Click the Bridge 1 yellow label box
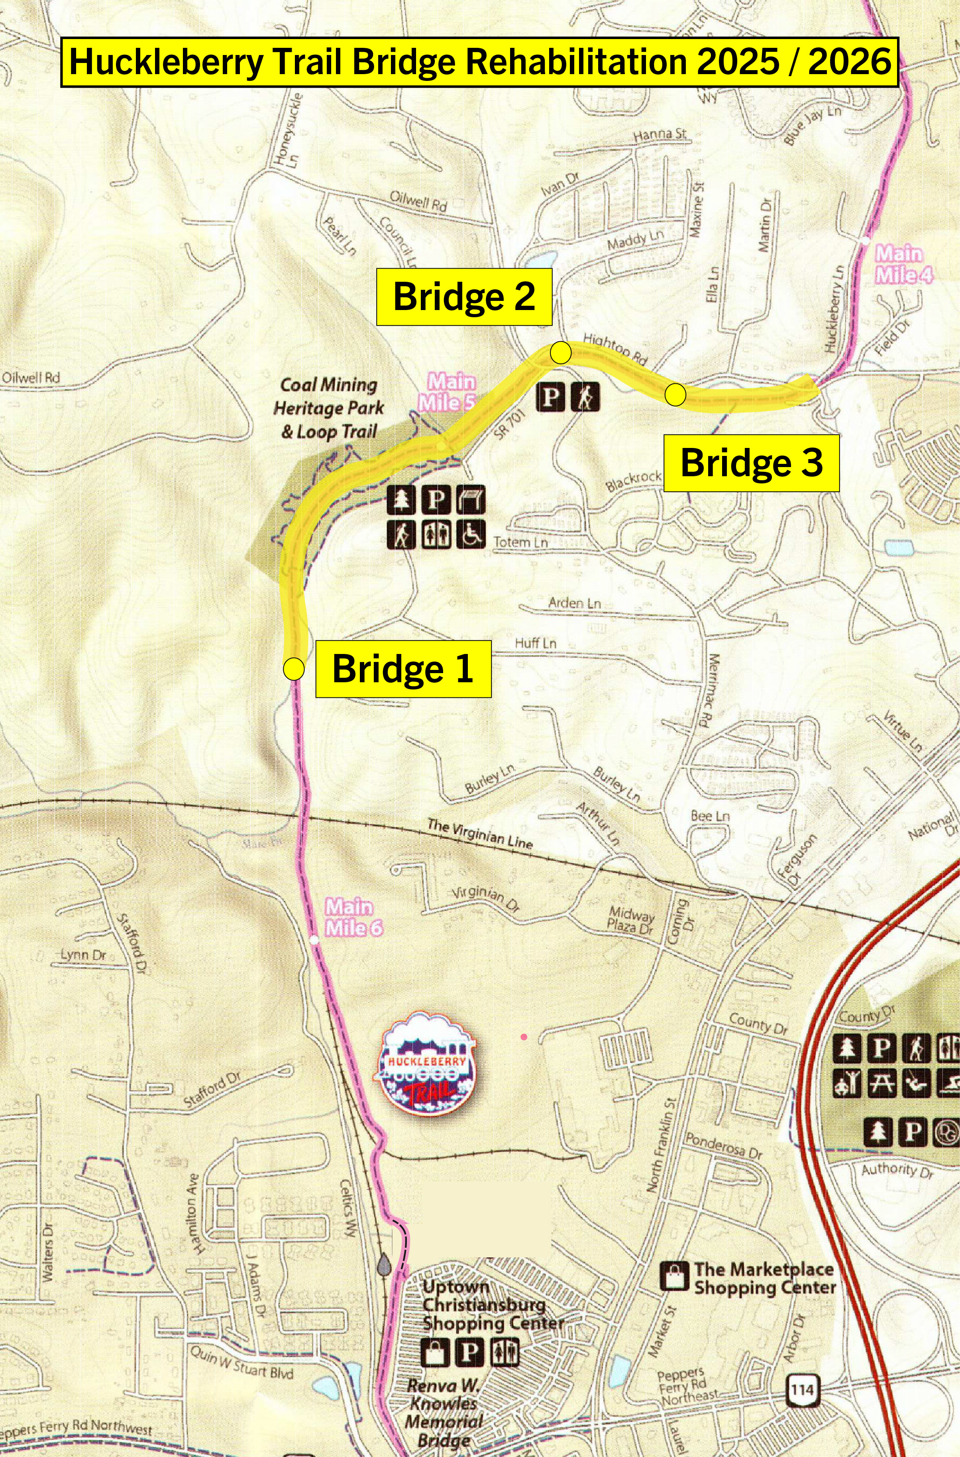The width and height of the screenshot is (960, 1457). tap(403, 668)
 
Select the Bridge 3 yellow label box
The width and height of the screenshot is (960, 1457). tap(751, 462)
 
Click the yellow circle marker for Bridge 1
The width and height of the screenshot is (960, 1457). tap(294, 668)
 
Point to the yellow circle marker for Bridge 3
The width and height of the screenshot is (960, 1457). tap(675, 394)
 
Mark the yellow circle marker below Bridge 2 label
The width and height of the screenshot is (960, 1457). tap(561, 353)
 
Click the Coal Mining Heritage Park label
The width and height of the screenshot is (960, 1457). tap(329, 408)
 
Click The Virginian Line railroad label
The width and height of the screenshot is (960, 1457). tap(479, 834)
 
